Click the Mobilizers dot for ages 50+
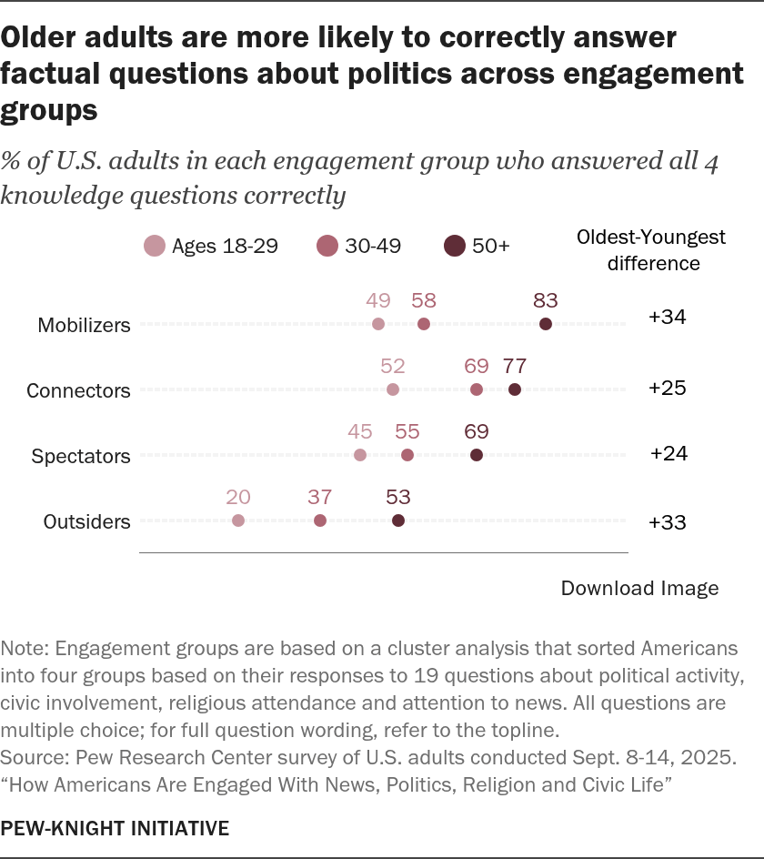pos(546,324)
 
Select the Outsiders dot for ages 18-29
pos(238,520)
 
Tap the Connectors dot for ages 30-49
pos(477,389)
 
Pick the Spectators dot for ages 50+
pos(477,455)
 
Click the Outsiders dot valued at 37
pos(320,520)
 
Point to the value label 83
pos(546,300)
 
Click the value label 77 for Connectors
pos(515,366)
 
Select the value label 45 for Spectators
pos(360,431)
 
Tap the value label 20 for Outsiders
pos(238,497)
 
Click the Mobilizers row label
pos(84,325)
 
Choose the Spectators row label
pos(81,456)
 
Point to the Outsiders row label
pos(86,521)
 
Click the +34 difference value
pos(667,317)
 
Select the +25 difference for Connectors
pos(667,388)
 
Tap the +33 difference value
pos(667,522)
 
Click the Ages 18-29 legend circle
pos(155,246)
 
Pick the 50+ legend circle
pos(455,246)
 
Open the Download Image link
pos(639,588)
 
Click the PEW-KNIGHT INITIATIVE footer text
pos(115,828)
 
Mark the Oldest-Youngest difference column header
pos(651,250)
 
